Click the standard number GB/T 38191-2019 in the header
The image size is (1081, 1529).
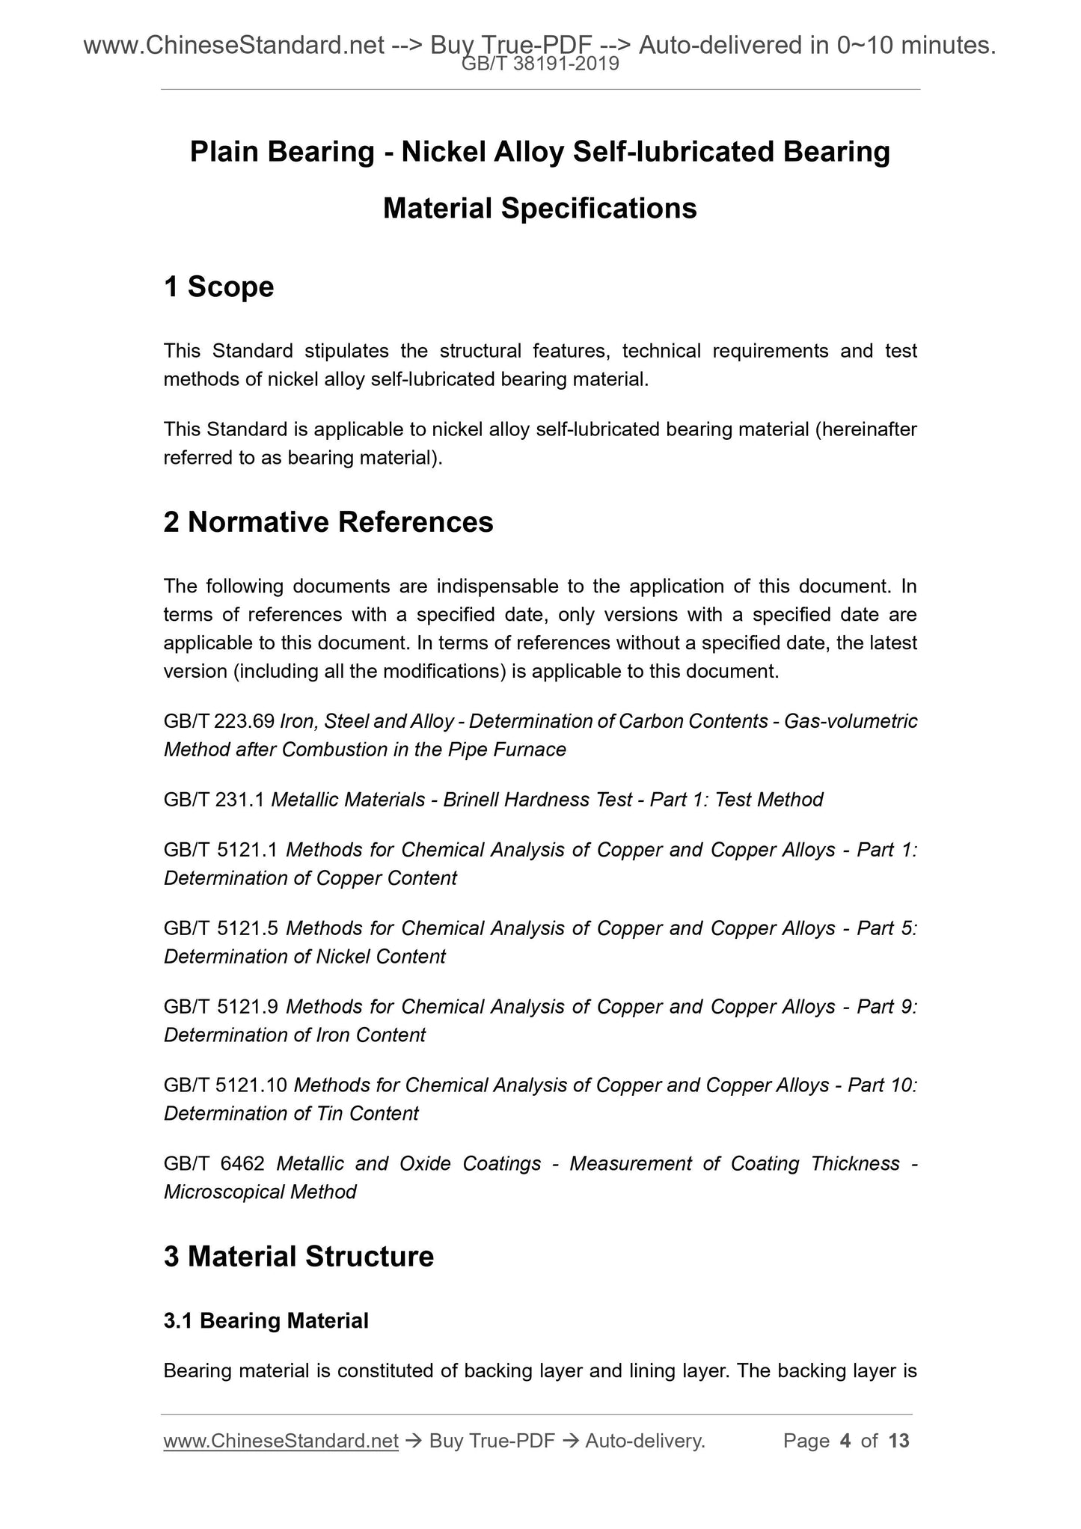(540, 64)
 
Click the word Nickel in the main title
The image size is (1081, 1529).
(442, 152)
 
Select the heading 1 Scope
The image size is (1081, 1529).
(218, 287)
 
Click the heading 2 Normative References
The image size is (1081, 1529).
(328, 522)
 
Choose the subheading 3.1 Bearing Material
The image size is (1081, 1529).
(266, 1321)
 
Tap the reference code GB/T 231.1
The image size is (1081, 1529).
(214, 800)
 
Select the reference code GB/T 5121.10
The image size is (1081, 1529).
(225, 1085)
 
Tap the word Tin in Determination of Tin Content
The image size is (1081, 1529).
(329, 1113)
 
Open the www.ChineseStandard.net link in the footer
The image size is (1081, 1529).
(281, 1440)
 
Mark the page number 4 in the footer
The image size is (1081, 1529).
(845, 1440)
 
